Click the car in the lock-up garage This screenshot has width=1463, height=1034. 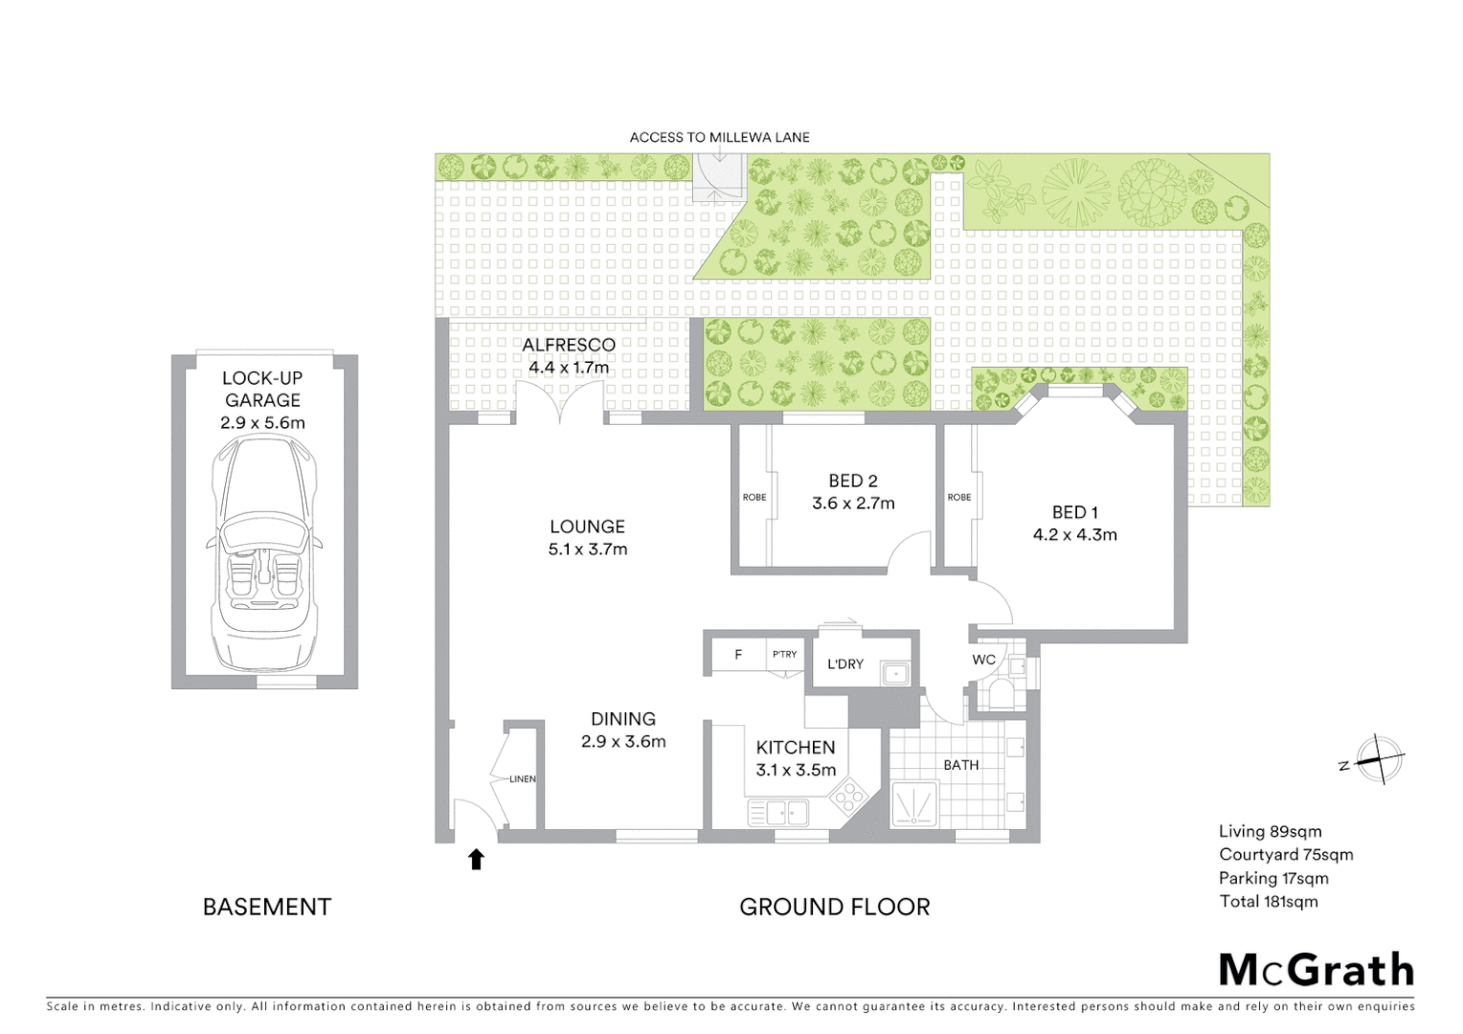[262, 553]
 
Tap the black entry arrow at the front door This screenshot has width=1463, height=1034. [476, 859]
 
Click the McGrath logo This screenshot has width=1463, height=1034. [1316, 970]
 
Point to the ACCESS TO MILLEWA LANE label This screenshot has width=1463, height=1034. [719, 137]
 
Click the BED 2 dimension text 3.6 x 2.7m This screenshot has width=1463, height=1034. [853, 504]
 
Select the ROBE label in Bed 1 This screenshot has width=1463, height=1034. [959, 497]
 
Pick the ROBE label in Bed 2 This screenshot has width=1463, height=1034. [754, 497]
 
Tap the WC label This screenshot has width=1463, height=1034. [983, 660]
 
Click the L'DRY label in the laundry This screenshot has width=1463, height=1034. [845, 663]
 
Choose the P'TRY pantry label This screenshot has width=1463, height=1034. [784, 654]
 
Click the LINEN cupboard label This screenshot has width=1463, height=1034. [523, 778]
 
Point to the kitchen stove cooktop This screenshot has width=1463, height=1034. [847, 796]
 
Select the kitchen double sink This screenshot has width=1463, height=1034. [777, 814]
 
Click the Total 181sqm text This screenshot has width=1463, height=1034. [1268, 901]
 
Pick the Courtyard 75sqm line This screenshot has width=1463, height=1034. [1285, 854]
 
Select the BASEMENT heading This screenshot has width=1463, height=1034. [266, 907]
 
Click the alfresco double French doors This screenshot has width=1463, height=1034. [560, 402]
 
